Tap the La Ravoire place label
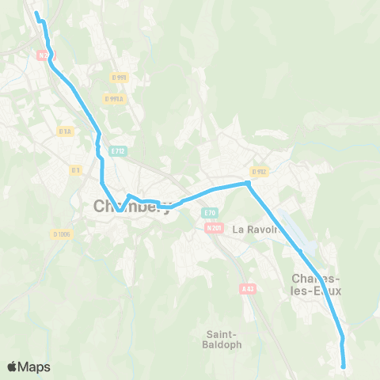(258, 230)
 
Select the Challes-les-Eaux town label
(317, 284)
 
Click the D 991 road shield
(120, 77)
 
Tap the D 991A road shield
(114, 98)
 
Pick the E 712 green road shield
(118, 150)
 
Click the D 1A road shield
(65, 131)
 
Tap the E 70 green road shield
(209, 212)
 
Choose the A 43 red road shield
(246, 289)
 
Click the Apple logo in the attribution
(13, 367)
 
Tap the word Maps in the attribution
(36, 367)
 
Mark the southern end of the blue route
(344, 366)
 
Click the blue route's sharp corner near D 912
(248, 184)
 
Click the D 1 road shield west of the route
(75, 169)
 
